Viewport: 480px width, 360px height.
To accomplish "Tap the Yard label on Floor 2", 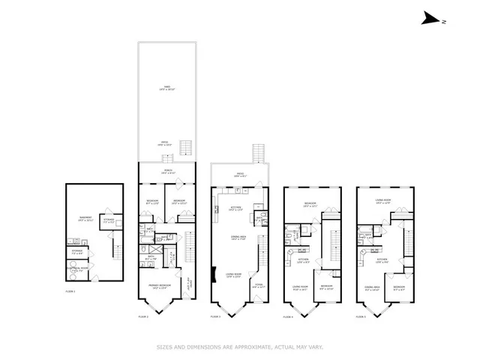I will click(x=166, y=88).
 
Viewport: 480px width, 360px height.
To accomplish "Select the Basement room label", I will click(x=85, y=219).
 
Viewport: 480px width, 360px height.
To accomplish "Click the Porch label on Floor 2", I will click(x=166, y=172).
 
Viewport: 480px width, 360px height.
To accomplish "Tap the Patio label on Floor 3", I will click(x=241, y=175).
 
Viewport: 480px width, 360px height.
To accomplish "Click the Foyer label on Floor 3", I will click(x=259, y=286).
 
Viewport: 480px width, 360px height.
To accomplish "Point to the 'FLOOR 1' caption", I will click(x=71, y=289).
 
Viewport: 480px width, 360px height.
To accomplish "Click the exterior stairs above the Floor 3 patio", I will click(x=259, y=152).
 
